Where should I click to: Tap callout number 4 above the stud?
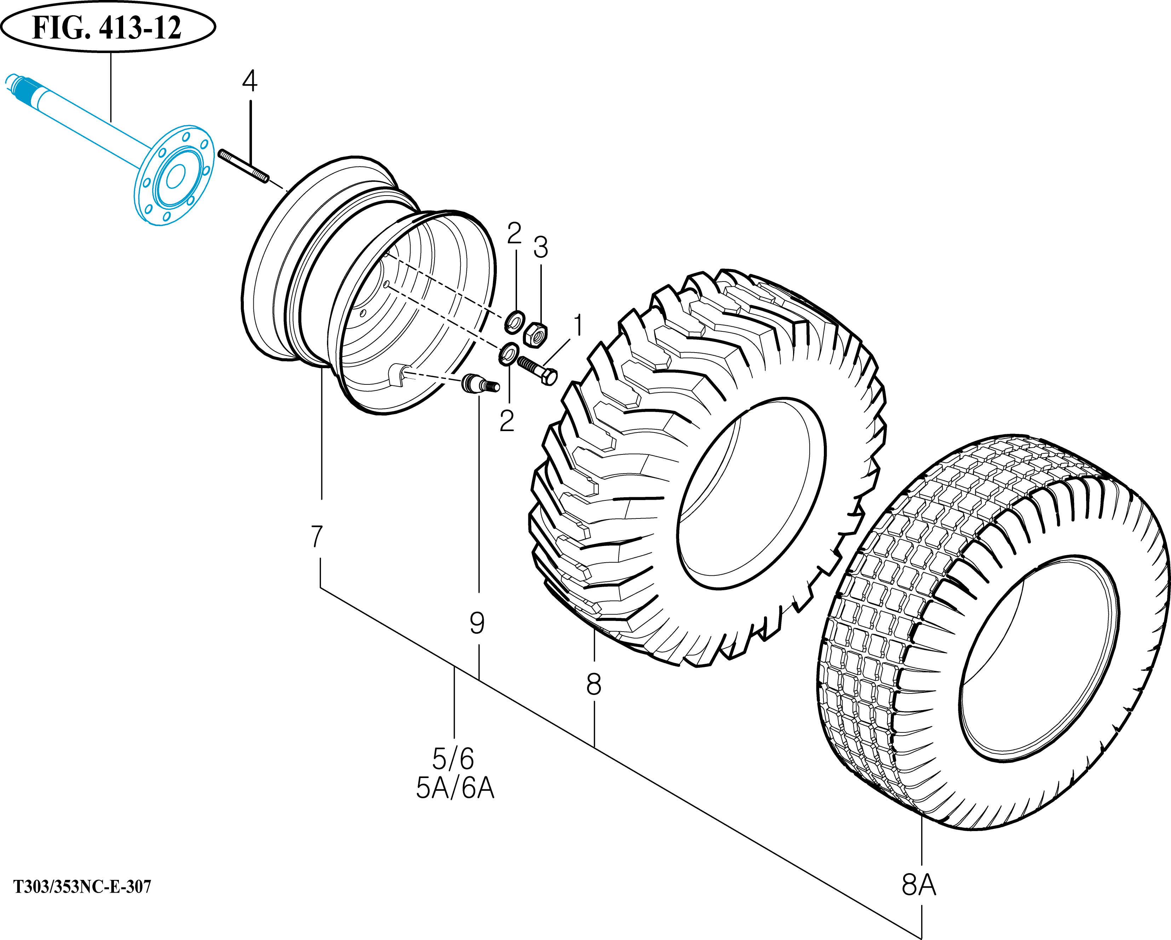(249, 81)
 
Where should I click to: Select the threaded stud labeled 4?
(243, 167)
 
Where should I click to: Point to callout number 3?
(540, 248)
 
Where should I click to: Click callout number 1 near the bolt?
(578, 326)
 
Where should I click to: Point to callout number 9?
(477, 623)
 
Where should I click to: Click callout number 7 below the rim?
(317, 537)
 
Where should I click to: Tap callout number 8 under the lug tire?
(594, 684)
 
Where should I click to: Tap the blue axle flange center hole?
(175, 176)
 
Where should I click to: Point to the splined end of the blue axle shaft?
(22, 87)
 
